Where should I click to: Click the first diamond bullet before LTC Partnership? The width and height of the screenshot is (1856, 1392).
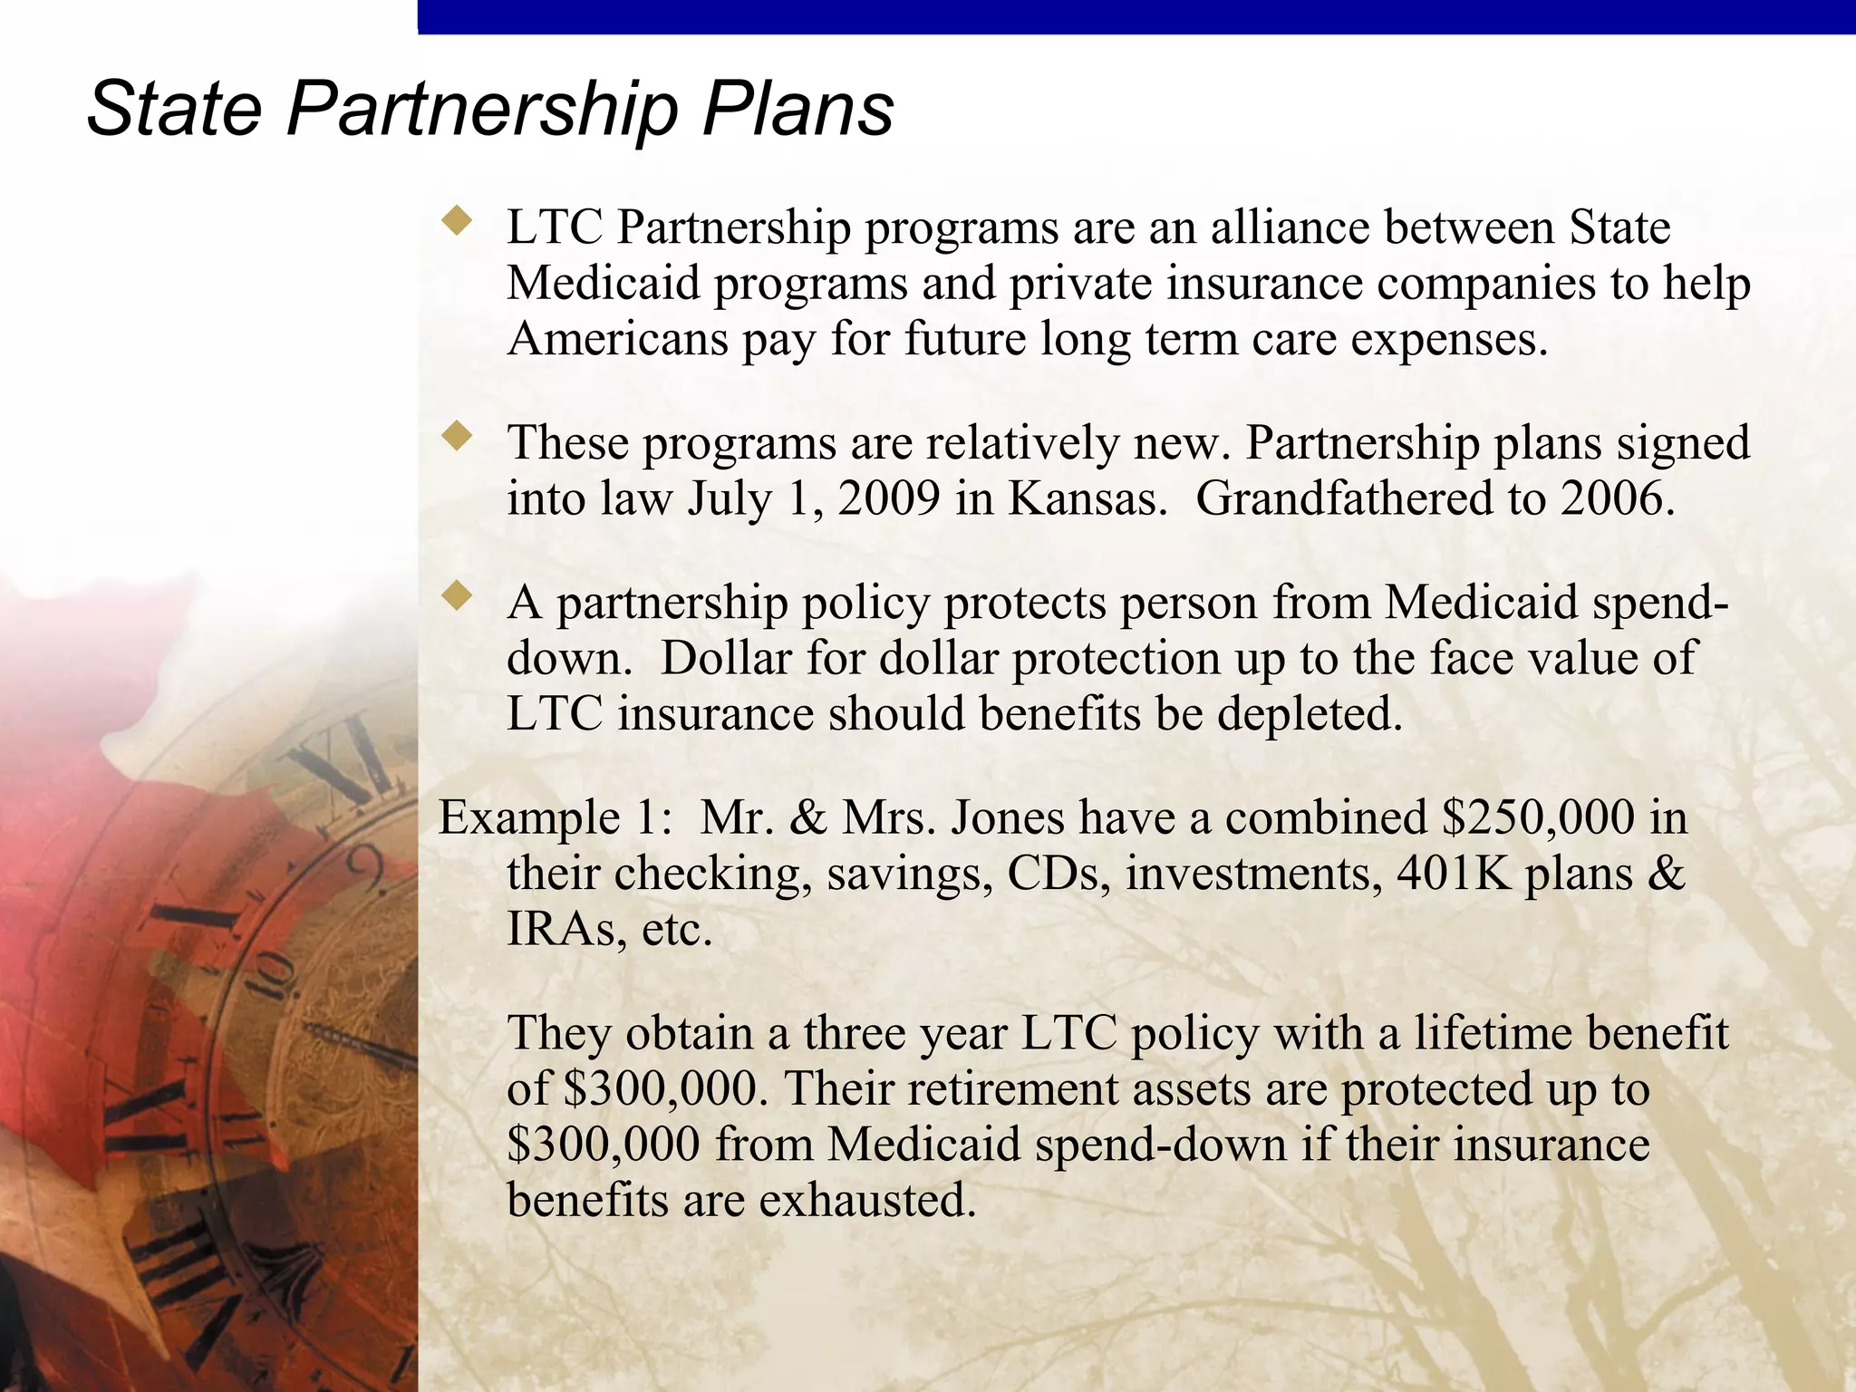tap(457, 220)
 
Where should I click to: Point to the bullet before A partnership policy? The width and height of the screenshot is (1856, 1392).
tap(457, 595)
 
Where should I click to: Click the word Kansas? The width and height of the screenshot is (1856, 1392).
tap(1087, 498)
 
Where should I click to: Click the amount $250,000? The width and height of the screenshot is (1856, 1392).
tap(1538, 817)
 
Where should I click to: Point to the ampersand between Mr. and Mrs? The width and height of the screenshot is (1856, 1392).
tap(808, 817)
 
